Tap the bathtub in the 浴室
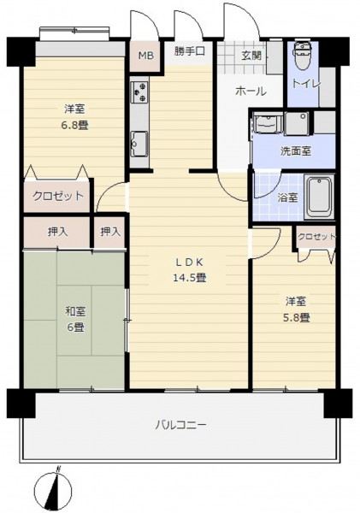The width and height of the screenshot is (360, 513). click(x=320, y=198)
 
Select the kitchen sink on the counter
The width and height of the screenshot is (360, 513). click(x=139, y=144)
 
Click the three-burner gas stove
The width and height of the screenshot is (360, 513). click(x=139, y=92)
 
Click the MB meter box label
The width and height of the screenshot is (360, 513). click(x=145, y=56)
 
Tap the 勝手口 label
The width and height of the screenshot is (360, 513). click(x=190, y=51)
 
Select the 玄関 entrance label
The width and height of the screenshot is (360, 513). click(x=251, y=56)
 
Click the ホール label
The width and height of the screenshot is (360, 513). click(x=251, y=91)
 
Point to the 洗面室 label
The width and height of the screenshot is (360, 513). click(x=296, y=151)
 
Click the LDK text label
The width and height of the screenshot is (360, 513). click(x=190, y=262)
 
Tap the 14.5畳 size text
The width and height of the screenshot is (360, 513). click(x=190, y=278)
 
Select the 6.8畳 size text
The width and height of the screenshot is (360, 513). click(x=75, y=125)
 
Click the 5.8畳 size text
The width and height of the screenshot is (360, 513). click(x=297, y=317)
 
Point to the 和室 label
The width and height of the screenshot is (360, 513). click(x=75, y=311)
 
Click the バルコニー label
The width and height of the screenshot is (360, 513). click(x=180, y=425)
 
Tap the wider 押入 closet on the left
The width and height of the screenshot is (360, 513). click(x=58, y=232)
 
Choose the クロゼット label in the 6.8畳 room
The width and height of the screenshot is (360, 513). click(x=58, y=196)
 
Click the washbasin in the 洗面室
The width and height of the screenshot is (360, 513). click(x=269, y=123)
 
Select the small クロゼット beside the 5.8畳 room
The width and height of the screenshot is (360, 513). click(x=316, y=237)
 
